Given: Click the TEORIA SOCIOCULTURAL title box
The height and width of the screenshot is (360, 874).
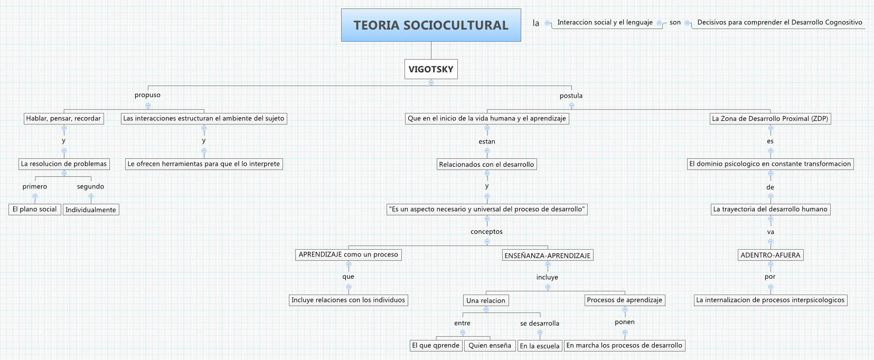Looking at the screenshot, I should click(431, 25).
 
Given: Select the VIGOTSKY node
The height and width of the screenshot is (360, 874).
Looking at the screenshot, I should click(431, 69).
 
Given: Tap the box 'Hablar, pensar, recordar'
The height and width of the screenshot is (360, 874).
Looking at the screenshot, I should click(63, 118).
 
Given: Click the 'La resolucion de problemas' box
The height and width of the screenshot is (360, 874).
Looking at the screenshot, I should click(64, 164).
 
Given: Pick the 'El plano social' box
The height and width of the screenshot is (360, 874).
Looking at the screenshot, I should click(34, 209).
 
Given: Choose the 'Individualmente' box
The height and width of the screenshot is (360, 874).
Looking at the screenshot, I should click(91, 210).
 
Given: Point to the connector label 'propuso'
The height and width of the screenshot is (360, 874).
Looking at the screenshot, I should click(147, 95).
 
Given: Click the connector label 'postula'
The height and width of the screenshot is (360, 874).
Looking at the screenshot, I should click(571, 96).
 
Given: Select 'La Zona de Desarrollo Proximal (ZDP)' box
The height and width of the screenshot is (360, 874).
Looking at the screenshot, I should click(770, 118).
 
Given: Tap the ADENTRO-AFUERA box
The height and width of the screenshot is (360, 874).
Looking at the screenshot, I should click(770, 255).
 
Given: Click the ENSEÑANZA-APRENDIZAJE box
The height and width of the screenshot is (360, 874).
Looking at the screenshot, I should click(548, 255).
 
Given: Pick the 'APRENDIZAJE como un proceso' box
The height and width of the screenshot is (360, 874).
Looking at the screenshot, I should click(349, 254).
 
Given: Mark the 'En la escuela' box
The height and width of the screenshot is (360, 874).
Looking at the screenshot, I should click(540, 346).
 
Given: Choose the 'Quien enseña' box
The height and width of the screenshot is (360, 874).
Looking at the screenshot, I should click(490, 345).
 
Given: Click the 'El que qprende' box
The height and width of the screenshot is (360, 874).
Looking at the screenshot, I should click(436, 345).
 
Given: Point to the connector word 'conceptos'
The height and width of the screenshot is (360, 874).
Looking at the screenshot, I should click(486, 231).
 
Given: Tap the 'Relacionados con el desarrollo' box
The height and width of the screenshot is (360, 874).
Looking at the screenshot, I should click(486, 164).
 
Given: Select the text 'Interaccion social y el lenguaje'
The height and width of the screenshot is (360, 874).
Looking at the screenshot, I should click(605, 22).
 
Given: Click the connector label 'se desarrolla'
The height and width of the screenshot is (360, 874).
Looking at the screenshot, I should click(540, 323).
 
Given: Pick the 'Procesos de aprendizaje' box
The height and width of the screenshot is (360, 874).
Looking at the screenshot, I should click(624, 300).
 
